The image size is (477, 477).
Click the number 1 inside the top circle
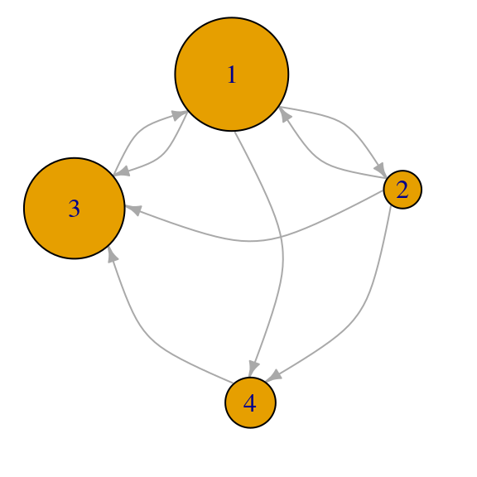pyautogui.click(x=232, y=75)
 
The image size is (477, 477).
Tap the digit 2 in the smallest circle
pyautogui.click(x=402, y=190)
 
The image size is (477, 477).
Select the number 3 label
pyautogui.click(x=75, y=209)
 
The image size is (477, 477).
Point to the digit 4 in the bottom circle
pyautogui.click(x=250, y=403)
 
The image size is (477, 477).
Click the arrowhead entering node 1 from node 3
pyautogui.click(x=180, y=115)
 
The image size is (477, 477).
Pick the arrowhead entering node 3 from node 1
pyautogui.click(x=122, y=171)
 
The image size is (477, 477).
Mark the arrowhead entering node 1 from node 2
pyautogui.click(x=285, y=114)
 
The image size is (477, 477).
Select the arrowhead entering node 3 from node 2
pyautogui.click(x=133, y=210)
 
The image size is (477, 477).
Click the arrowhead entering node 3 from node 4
pyautogui.click(x=113, y=254)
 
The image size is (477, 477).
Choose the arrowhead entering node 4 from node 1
pyautogui.click(x=253, y=369)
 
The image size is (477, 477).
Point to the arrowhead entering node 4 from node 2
pyautogui.click(x=274, y=375)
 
